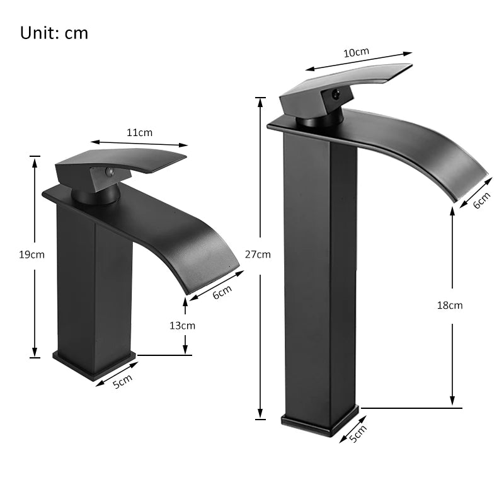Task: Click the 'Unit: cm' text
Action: (54, 33)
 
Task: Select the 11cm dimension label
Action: (139, 132)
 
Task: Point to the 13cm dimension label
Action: (183, 326)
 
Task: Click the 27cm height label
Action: (258, 255)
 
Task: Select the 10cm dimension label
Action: (356, 53)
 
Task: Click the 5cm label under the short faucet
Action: (122, 382)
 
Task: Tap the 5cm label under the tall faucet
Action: (357, 434)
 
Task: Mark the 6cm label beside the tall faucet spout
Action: (481, 200)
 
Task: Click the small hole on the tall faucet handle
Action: (334, 95)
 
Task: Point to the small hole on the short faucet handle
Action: (108, 171)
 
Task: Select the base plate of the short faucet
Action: (94, 364)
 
